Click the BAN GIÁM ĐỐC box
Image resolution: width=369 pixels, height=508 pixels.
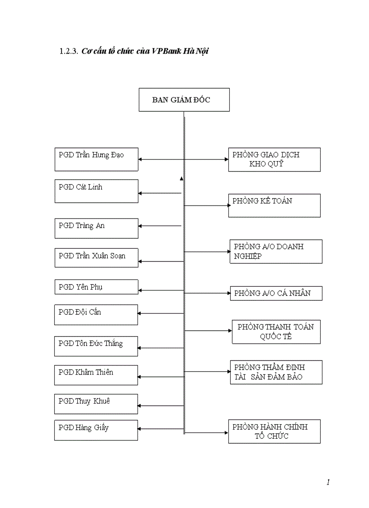(x=184, y=100)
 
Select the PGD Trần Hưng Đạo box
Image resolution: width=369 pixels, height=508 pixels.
(x=96, y=159)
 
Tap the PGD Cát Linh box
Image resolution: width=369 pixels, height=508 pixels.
(x=96, y=191)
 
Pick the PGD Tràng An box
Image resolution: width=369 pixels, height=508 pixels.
(x=96, y=228)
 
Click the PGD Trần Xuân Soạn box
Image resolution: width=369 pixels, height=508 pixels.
(x=96, y=257)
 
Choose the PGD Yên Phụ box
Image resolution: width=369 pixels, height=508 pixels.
(x=96, y=287)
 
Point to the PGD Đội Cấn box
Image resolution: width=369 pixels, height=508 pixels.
(x=96, y=314)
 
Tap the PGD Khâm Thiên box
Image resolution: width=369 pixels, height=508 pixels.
(x=96, y=375)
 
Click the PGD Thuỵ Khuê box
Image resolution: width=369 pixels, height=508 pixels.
(x=96, y=404)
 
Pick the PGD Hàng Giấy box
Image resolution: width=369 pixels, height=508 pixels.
(x=96, y=430)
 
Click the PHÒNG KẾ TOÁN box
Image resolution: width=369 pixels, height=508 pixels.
(x=274, y=205)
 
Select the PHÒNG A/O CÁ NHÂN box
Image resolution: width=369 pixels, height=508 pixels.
(x=276, y=293)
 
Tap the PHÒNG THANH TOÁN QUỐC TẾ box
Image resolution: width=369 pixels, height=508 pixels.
(x=276, y=332)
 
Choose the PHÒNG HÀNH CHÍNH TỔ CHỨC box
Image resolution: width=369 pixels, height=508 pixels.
(x=274, y=432)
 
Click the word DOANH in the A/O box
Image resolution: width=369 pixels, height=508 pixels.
(x=290, y=247)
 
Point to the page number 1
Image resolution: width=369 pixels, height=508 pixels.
(x=328, y=482)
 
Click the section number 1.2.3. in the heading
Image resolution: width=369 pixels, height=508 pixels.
(x=69, y=52)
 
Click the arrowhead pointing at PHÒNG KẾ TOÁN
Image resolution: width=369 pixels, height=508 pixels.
(x=229, y=205)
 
